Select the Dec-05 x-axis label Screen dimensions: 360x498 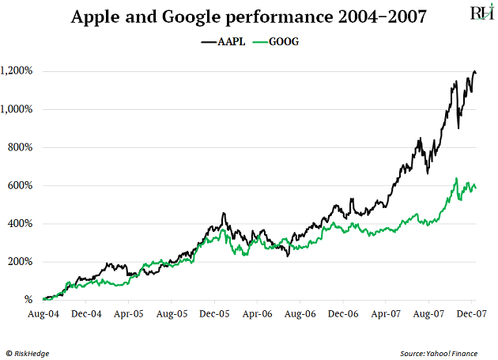coord(214,314)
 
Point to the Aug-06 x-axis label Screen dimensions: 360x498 coord(300,314)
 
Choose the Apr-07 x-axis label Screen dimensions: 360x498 coord(385,314)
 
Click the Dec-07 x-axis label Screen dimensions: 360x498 coord(470,314)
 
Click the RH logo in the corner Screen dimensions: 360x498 coord(480,13)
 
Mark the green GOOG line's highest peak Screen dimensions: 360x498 coord(456,179)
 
